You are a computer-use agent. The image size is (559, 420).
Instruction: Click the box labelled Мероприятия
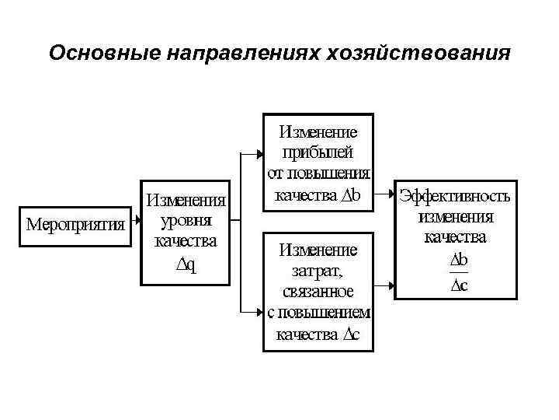[75, 226]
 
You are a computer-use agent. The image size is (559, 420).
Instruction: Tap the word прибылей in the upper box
[318, 151]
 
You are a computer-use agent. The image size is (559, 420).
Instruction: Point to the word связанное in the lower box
[318, 292]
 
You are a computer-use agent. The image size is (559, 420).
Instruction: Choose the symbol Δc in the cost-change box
[350, 335]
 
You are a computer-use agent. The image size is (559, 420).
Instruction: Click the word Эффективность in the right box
[455, 195]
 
